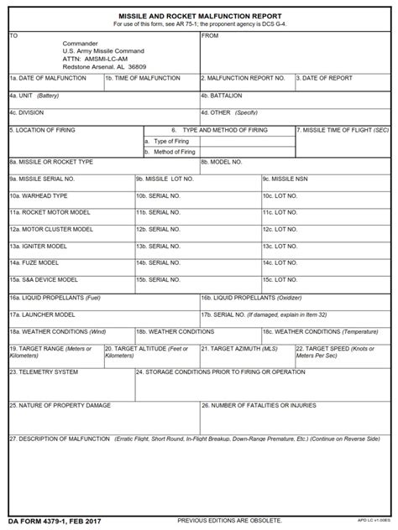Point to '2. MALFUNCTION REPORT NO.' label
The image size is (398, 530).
pyautogui.click(x=244, y=77)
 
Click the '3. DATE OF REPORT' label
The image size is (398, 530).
pyautogui.click(x=324, y=77)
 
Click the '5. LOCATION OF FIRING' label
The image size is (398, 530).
pyautogui.click(x=44, y=130)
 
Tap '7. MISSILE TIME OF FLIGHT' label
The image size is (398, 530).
pyautogui.click(x=343, y=130)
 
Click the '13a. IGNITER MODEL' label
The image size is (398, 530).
pyautogui.click(x=39, y=246)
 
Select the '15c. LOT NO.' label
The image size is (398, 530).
pyautogui.click(x=280, y=279)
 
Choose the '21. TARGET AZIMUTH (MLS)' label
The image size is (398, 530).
pyautogui.click(x=244, y=347)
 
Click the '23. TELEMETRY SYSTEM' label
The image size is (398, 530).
pyautogui.click(x=44, y=371)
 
